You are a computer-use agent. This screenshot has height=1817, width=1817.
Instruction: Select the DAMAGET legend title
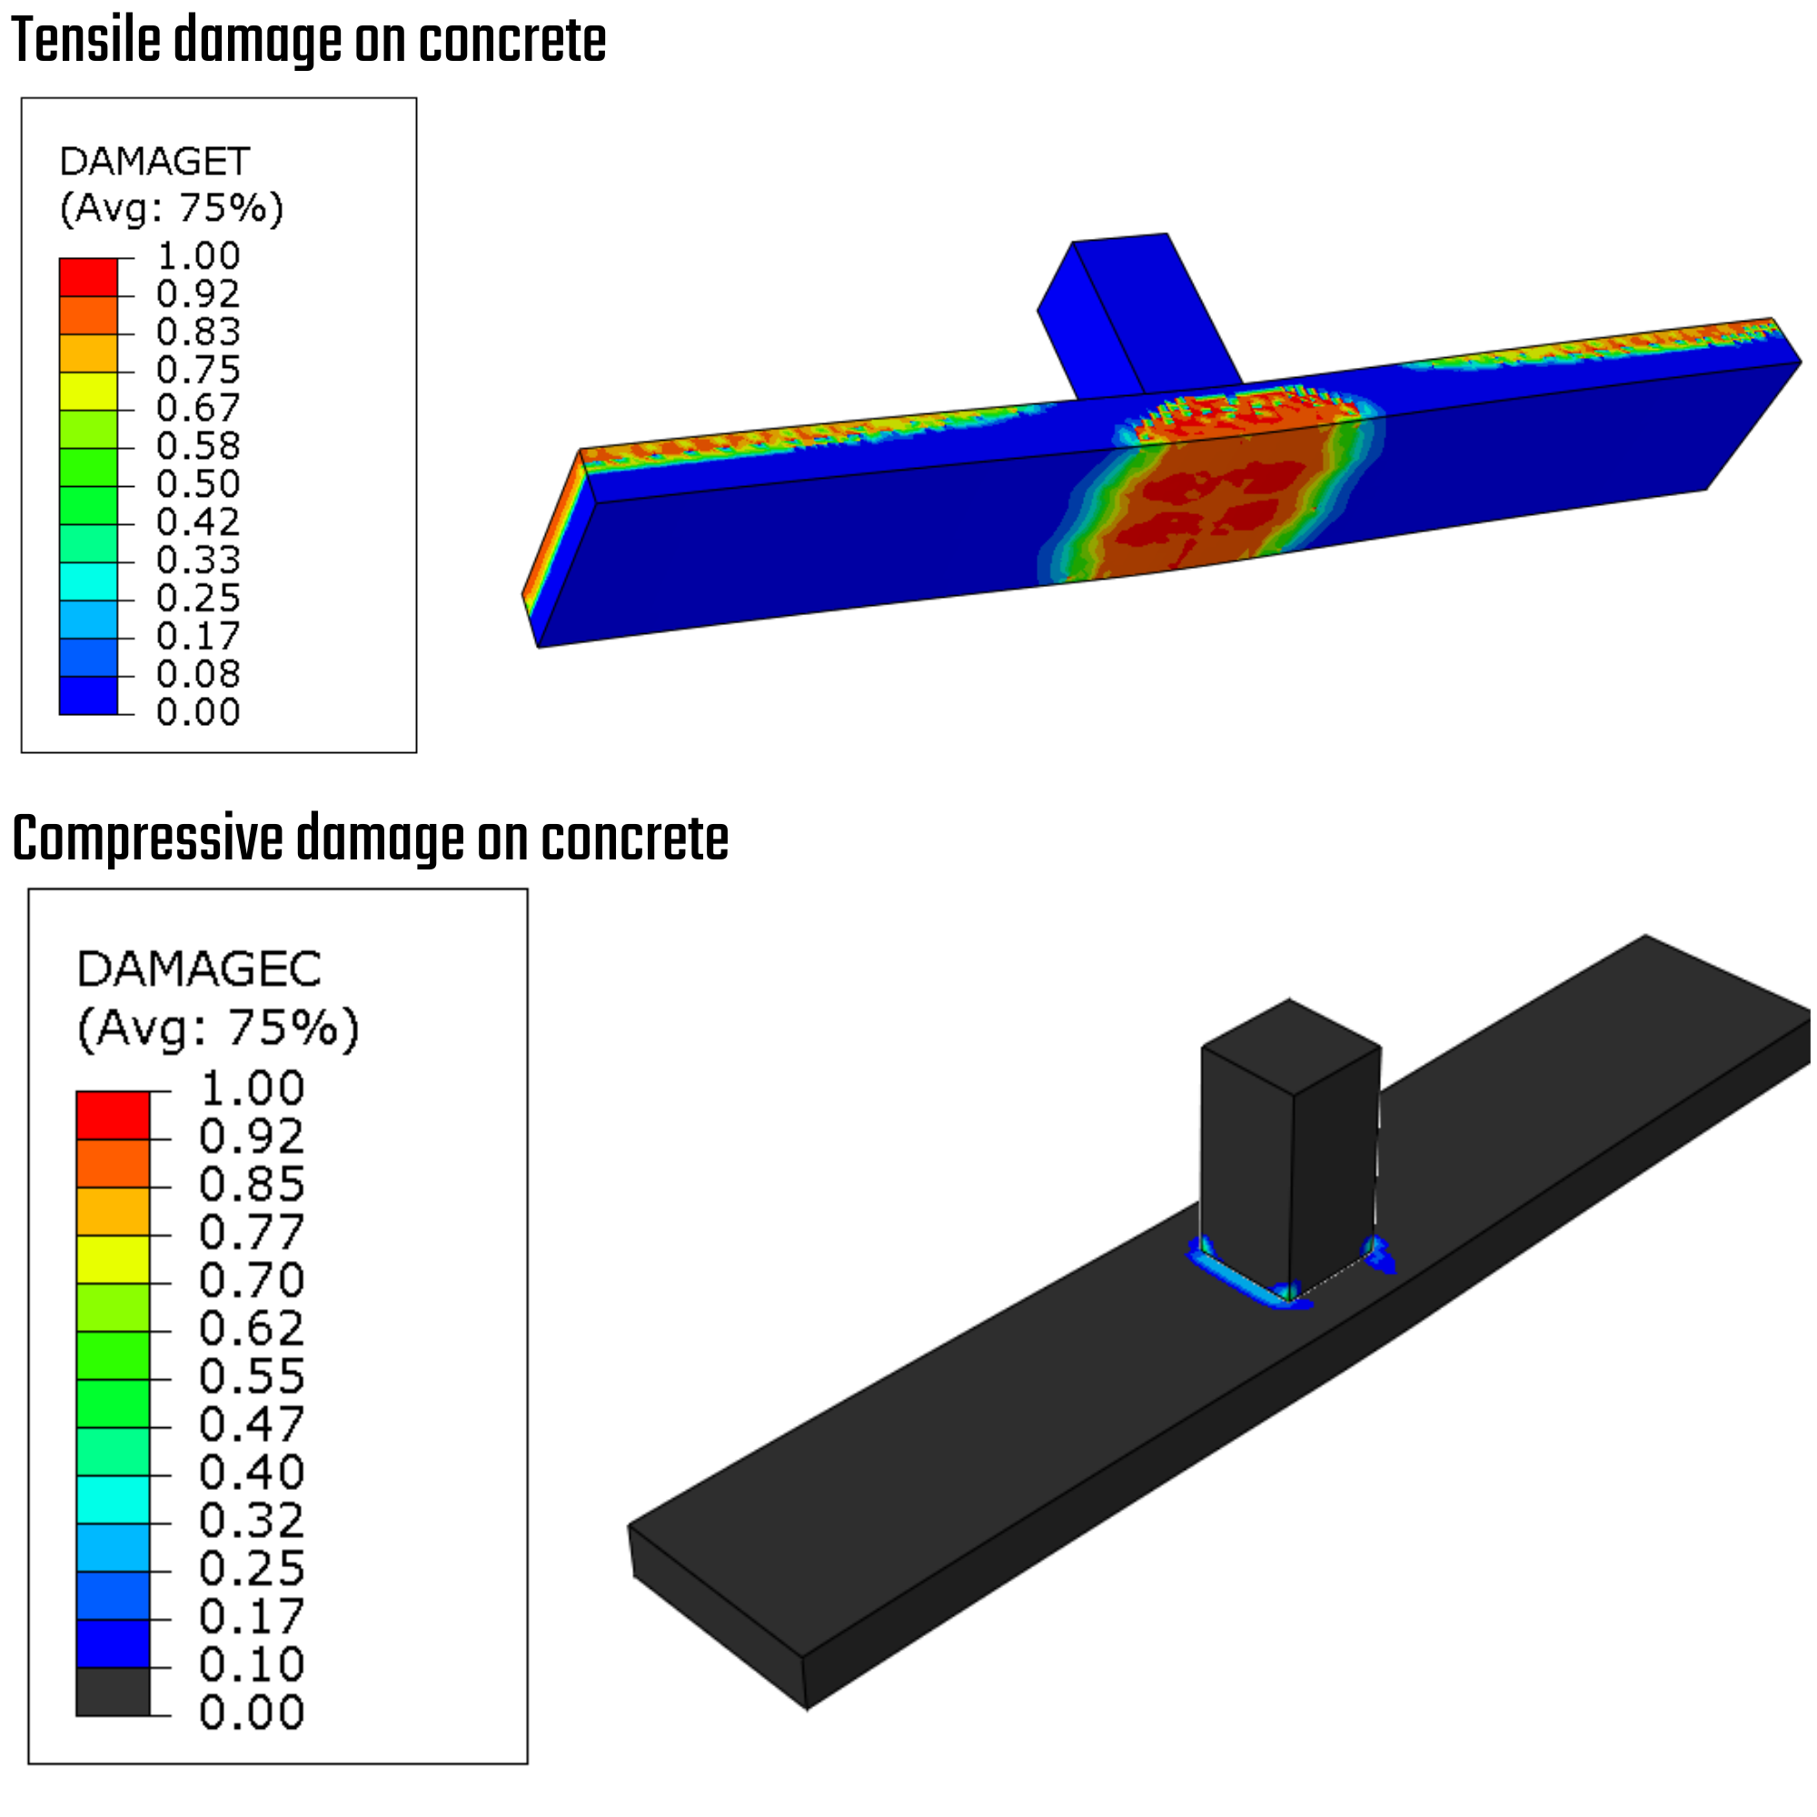pos(154,161)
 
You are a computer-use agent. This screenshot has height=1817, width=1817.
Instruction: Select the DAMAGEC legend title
pos(198,968)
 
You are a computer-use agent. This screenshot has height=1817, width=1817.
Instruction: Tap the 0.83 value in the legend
pos(197,331)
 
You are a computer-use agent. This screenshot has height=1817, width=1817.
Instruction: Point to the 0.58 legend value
pos(197,445)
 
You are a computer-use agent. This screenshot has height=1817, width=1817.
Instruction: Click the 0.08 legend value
pos(197,673)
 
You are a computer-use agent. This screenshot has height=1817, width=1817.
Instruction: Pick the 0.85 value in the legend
pos(251,1183)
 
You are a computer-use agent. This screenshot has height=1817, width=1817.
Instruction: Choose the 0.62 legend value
pos(251,1328)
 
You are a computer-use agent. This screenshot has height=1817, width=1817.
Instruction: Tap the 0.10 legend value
pos(251,1663)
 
